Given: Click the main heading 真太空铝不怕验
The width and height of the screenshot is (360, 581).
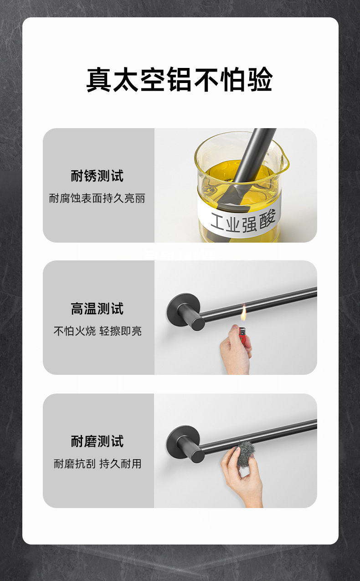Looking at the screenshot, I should pyautogui.click(x=180, y=80).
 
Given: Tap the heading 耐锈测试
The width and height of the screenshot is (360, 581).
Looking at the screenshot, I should pyautogui.click(x=97, y=176).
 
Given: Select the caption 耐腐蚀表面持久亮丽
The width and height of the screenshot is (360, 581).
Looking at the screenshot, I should pyautogui.click(x=97, y=198).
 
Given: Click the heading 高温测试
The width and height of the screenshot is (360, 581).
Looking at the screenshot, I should pyautogui.click(x=97, y=309).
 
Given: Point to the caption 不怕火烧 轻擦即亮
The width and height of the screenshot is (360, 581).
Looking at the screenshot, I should pyautogui.click(x=97, y=331).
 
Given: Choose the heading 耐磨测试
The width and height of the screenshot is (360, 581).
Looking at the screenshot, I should pyautogui.click(x=97, y=441).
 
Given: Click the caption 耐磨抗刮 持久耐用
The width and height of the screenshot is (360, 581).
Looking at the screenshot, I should pyautogui.click(x=97, y=464).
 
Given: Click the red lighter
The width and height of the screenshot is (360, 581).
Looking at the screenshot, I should pyautogui.click(x=245, y=337).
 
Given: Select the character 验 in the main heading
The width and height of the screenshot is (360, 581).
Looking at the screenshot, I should pyautogui.click(x=259, y=80).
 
